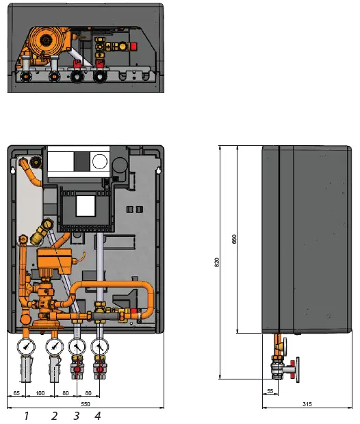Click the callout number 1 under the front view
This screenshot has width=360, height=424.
pyautogui.click(x=25, y=415)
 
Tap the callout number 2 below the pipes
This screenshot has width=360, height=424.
pyautogui.click(x=54, y=415)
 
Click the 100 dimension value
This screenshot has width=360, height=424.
pyautogui.click(x=40, y=394)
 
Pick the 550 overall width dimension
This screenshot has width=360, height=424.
pyautogui.click(x=86, y=405)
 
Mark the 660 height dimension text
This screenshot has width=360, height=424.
pyautogui.click(x=235, y=241)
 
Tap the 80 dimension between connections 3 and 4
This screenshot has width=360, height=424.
pyautogui.click(x=88, y=394)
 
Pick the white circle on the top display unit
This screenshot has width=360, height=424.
pyautogui.click(x=100, y=162)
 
